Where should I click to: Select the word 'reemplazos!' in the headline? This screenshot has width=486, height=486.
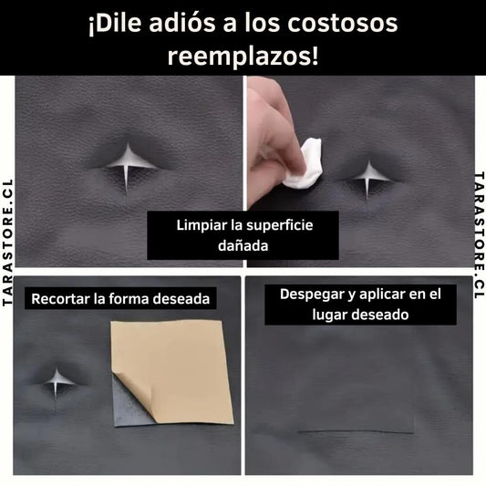[243, 57]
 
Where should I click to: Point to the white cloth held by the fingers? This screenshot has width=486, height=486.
[305, 164]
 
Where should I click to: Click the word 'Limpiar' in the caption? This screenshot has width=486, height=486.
[202, 225]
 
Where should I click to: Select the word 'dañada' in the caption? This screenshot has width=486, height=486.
[243, 246]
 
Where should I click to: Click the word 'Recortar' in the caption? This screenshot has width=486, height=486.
[61, 299]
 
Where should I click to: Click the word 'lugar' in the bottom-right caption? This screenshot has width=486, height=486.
[330, 315]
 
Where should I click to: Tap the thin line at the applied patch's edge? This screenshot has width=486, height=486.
[356, 432]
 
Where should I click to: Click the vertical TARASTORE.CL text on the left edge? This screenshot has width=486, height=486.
[6, 243]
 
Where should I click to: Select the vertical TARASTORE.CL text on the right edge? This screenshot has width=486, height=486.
[480, 235]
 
